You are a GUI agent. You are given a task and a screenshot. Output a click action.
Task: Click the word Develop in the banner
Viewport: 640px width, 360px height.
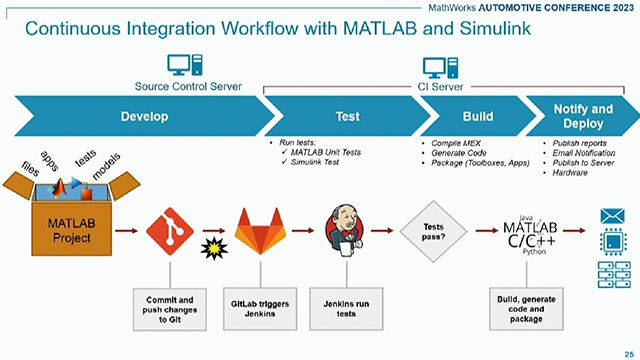coord(144,116)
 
